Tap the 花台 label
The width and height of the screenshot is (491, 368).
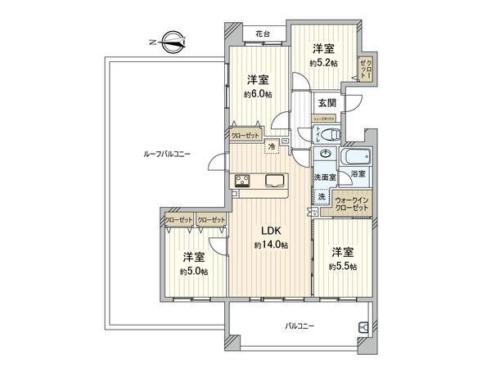263,34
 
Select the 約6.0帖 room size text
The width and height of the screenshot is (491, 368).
258,94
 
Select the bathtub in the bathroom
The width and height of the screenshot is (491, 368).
357,155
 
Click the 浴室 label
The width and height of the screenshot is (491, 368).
358,173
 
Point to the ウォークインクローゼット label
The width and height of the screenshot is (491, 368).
353,201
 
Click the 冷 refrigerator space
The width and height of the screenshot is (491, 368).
272,146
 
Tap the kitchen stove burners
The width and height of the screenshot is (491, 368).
243,181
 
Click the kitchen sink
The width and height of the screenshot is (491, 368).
274,181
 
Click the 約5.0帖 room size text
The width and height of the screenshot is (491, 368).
194,272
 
